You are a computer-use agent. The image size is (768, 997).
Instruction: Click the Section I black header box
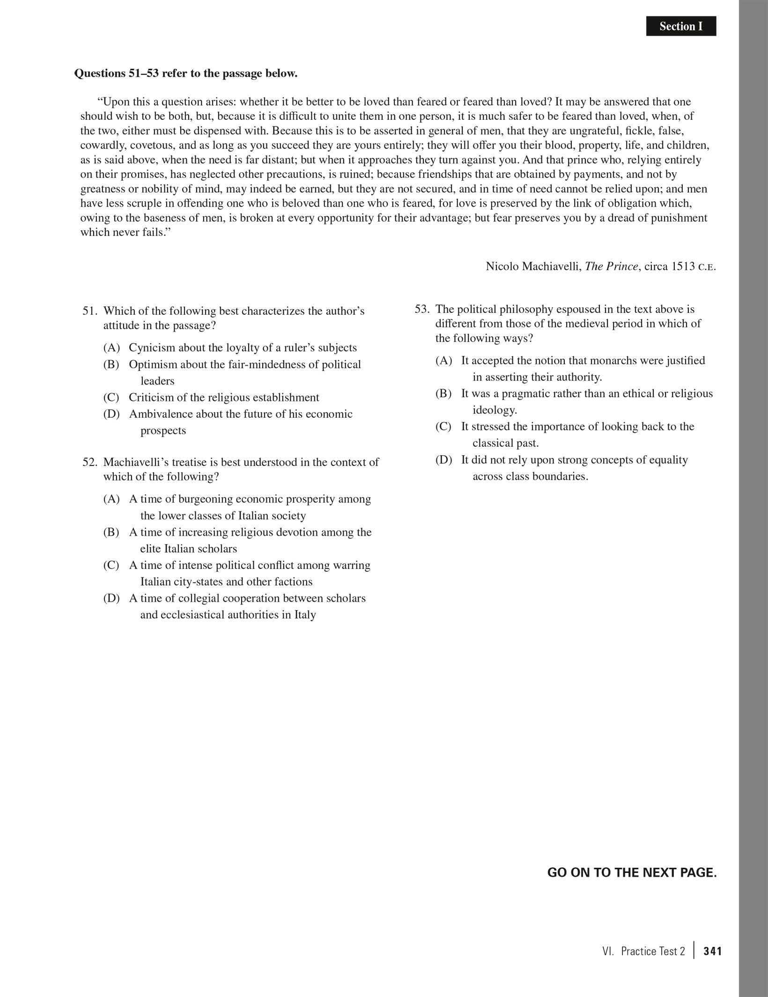point(681,26)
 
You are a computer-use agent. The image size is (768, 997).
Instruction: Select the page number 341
point(712,951)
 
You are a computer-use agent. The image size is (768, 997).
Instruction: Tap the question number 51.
point(90,311)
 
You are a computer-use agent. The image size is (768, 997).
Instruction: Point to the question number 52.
point(90,462)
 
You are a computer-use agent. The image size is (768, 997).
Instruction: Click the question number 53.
point(422,309)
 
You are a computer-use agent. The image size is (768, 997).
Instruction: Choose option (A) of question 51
point(111,348)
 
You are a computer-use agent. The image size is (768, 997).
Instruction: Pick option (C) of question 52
point(111,565)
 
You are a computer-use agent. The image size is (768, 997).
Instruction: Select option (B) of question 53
point(443,393)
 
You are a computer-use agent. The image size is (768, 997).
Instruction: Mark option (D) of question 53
point(443,460)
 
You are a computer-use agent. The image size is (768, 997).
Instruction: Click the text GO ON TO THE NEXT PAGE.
point(632,873)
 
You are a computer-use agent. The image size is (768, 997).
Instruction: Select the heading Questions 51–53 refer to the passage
point(186,74)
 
